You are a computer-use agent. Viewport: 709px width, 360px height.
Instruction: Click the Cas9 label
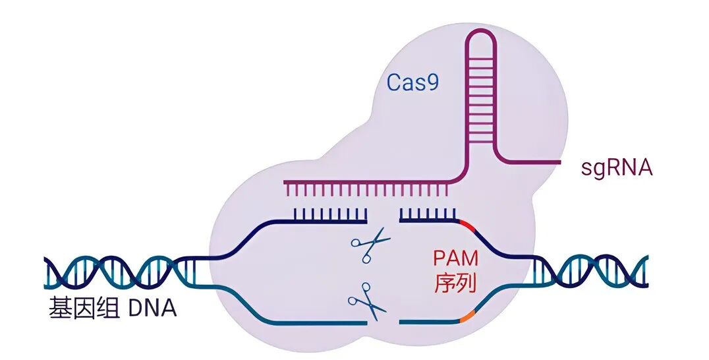tap(412, 83)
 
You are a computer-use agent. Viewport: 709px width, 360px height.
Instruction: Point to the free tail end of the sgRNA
tap(559, 162)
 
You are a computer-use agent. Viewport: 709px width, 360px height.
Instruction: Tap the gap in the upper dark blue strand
tap(383, 222)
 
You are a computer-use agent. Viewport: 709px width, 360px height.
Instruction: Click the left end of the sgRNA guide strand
tap(286, 182)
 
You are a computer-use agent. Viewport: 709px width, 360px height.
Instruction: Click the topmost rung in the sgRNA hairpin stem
tap(482, 59)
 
